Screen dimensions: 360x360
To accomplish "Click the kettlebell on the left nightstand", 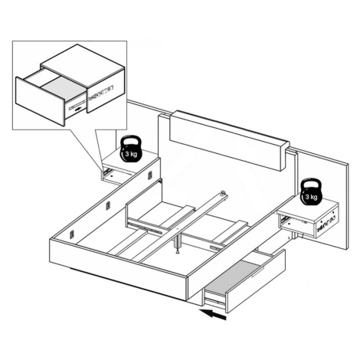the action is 131,149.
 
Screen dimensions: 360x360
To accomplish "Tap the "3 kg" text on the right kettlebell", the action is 311,197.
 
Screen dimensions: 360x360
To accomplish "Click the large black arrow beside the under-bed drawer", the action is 213,314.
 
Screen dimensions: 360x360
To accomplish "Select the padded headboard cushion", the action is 229,140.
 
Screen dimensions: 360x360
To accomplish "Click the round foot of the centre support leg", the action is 177,253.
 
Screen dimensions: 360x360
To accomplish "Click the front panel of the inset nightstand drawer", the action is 40,101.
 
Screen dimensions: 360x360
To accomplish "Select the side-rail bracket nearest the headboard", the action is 150,175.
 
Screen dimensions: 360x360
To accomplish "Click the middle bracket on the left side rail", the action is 108,205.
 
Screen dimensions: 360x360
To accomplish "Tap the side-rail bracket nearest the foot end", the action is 72,234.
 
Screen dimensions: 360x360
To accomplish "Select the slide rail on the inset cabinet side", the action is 100,92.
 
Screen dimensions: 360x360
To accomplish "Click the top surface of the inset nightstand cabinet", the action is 83,64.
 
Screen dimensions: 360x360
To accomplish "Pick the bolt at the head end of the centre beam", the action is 223,192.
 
